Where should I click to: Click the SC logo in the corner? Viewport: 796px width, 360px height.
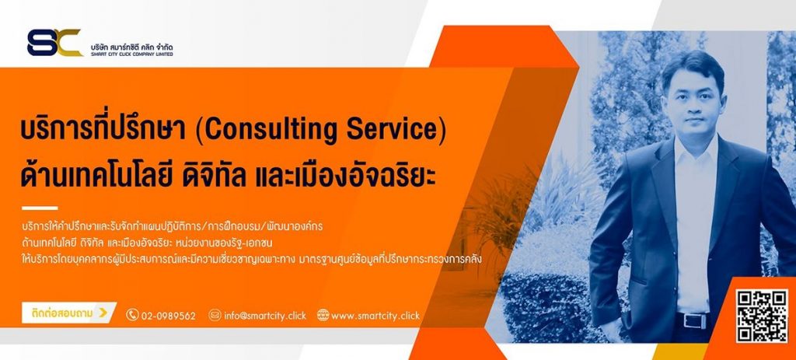(55, 43)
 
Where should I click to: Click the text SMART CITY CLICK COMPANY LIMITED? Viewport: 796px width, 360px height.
(131, 54)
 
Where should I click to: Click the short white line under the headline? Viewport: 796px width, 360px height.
(40, 208)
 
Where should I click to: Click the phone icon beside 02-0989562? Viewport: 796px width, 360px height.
(132, 315)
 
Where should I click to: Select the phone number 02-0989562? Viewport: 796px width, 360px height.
(169, 316)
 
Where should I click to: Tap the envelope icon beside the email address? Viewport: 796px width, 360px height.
(215, 315)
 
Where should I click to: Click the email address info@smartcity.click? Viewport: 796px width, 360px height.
(265, 316)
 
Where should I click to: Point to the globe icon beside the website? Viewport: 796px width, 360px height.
(323, 315)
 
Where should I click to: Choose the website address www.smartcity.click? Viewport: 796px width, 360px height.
(375, 316)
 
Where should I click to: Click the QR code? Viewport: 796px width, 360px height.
(762, 316)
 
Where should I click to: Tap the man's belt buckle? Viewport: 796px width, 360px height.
(694, 321)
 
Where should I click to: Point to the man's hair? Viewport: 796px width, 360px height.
(693, 68)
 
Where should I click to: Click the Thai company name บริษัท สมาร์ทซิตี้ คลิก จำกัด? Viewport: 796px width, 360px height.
(131, 46)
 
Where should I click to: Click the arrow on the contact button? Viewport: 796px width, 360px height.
(103, 313)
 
